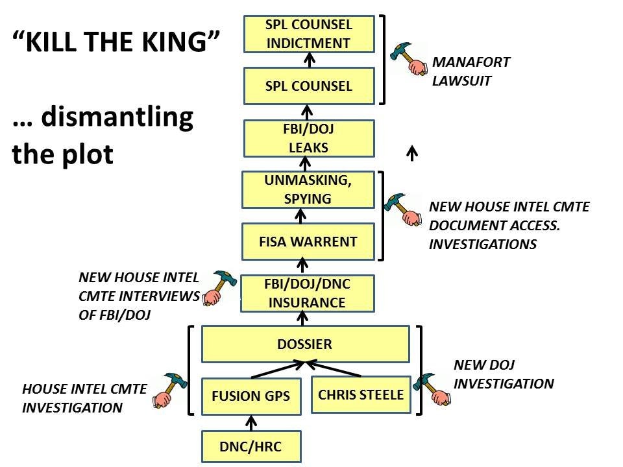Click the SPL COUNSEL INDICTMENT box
309,34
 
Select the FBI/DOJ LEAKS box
309,138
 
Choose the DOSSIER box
305,344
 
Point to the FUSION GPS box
251,396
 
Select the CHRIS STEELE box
361,394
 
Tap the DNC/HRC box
251,447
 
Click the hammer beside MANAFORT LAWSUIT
411,58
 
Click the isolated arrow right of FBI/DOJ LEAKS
411,152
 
